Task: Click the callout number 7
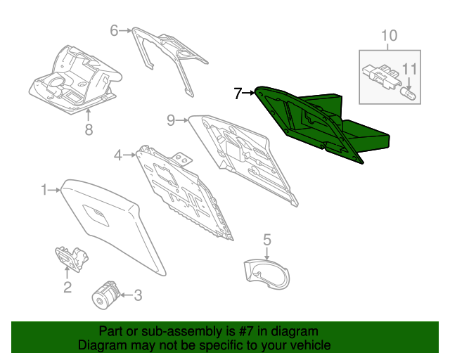click(x=238, y=94)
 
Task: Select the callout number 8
click(x=89, y=129)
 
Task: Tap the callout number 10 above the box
click(x=389, y=36)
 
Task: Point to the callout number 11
click(x=409, y=69)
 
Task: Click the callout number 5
click(x=267, y=240)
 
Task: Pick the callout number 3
click(x=138, y=295)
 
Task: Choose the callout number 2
click(x=67, y=287)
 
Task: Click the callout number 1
click(x=44, y=190)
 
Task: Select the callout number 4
click(x=118, y=155)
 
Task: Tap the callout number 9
click(x=171, y=120)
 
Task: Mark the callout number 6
click(x=114, y=30)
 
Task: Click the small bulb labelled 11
click(x=408, y=94)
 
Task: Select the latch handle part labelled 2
click(x=72, y=258)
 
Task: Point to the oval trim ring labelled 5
click(x=266, y=274)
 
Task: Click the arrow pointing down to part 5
click(x=267, y=254)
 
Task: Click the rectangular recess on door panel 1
click(x=96, y=215)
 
